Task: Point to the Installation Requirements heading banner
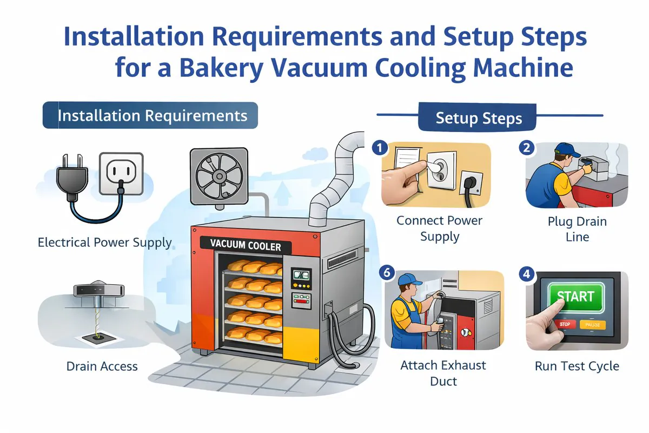point(151,116)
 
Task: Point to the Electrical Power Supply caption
point(104,242)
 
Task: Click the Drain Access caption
point(102,366)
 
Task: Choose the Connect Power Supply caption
point(439,228)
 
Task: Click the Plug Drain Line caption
point(577,229)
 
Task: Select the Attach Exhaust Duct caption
point(436,373)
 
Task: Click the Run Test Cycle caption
point(577,366)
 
